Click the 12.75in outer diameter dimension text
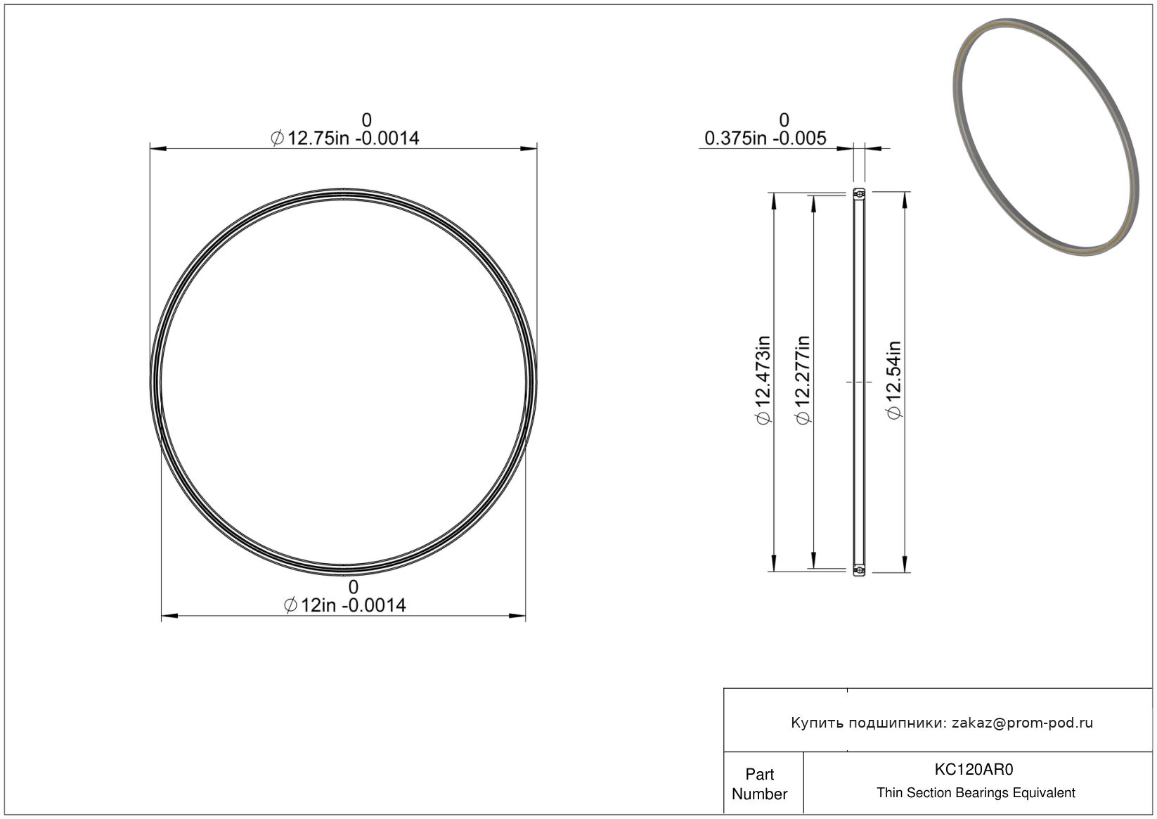pos(344,138)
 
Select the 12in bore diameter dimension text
pos(344,605)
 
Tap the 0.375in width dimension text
pos(765,138)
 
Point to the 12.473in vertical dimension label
pos(763,380)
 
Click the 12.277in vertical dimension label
pos(803,380)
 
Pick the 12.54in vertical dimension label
pos(894,380)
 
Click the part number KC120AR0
pos(974,769)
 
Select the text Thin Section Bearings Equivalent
pos(976,793)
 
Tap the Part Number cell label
pos(760,784)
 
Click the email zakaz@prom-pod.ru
pos(1022,723)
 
